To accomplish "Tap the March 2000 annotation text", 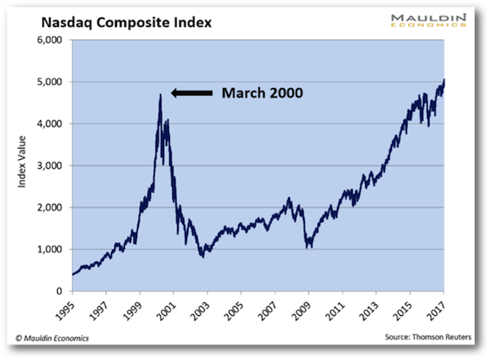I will (x=262, y=93).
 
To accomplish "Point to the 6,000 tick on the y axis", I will (x=51, y=40).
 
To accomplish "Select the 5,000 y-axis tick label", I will (x=51, y=82).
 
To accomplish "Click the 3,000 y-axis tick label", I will (x=51, y=166).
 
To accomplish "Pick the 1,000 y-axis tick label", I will (x=51, y=249).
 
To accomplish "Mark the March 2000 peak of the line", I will (x=160, y=95).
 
